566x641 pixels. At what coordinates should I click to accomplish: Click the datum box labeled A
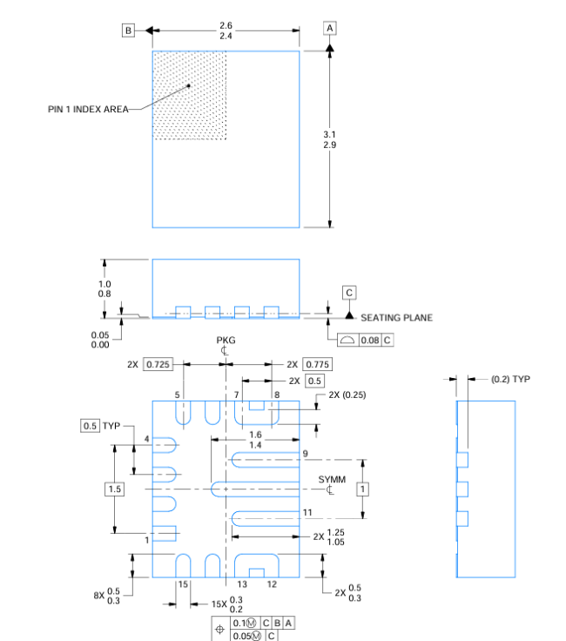330,29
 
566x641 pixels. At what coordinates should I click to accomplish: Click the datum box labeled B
128,30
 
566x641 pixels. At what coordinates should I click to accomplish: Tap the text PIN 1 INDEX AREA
88,110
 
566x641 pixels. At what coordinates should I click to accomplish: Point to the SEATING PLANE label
396,318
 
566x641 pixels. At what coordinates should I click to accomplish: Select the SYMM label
331,480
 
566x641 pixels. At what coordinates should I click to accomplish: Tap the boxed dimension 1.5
115,489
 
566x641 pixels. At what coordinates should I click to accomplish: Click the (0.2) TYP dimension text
509,379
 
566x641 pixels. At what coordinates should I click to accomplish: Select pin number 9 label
306,454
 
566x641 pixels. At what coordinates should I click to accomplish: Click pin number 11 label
307,512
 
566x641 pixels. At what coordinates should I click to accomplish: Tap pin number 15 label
183,584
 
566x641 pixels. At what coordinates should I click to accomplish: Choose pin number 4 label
147,439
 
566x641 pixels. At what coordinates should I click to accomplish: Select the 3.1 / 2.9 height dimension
329,139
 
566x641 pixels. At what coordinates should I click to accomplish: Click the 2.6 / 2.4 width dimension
226,31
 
